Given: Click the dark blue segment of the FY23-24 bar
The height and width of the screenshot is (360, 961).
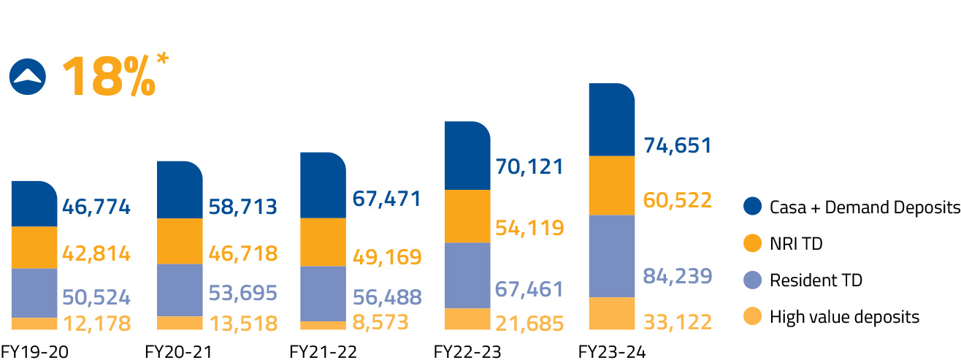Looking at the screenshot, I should [x=612, y=120].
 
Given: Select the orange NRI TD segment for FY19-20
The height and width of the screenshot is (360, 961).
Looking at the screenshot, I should [x=34, y=248].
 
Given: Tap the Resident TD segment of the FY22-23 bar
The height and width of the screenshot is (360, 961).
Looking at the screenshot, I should [x=467, y=275].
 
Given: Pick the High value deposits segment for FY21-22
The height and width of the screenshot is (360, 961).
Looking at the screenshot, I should [x=323, y=326].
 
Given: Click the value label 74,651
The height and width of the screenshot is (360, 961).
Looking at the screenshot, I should [x=677, y=145].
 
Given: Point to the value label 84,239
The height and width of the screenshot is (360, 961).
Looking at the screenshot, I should [x=677, y=277].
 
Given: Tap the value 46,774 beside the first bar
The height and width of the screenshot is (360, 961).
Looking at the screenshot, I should [x=96, y=207].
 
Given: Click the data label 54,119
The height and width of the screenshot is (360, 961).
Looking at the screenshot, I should [x=529, y=228].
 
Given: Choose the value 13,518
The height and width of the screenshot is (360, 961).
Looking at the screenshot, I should [x=243, y=323].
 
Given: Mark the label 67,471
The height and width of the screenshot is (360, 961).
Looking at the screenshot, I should [x=387, y=198].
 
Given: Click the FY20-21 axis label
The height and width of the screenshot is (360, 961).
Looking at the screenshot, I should [x=178, y=352].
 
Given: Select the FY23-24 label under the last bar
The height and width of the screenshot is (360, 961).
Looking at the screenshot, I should [x=612, y=352].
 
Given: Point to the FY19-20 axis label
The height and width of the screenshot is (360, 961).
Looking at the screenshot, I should [x=35, y=352].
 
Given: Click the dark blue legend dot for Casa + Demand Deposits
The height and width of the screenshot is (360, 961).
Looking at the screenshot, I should [x=752, y=207].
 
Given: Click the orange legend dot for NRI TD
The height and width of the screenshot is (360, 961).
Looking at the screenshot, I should [x=752, y=244].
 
